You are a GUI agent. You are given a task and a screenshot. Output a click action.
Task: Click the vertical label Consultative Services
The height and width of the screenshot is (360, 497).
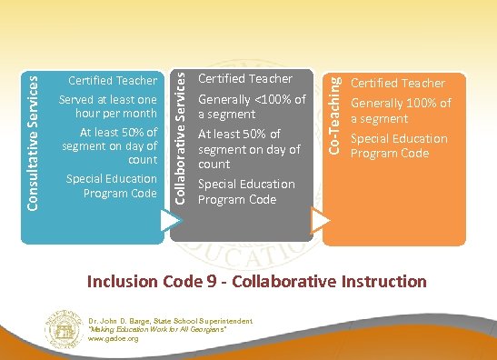33,143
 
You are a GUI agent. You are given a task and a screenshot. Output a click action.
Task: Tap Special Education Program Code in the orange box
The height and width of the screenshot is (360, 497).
399,145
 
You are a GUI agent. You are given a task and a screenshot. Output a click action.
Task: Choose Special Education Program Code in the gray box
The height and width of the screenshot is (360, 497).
246,191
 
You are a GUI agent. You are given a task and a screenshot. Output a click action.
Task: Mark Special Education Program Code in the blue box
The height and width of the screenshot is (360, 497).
112,185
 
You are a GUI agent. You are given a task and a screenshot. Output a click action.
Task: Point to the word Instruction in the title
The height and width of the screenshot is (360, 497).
381,281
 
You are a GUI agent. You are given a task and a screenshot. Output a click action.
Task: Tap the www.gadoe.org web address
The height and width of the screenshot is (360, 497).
114,338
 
